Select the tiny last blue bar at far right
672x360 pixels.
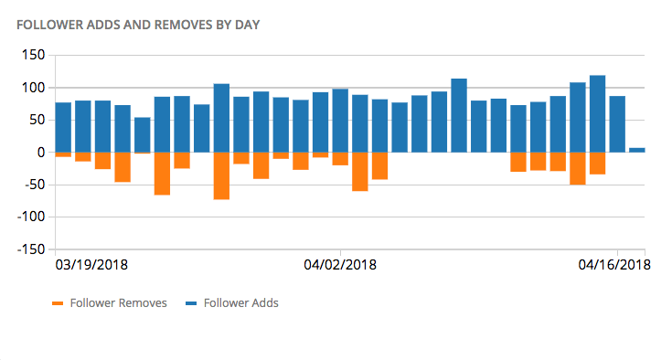(x=637, y=149)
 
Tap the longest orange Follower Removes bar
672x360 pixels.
(x=221, y=175)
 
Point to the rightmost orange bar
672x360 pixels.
(x=597, y=163)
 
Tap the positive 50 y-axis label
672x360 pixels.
(x=37, y=120)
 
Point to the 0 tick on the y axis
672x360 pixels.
(x=41, y=153)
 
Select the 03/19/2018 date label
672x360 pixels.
(x=92, y=265)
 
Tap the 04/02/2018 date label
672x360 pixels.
(x=340, y=265)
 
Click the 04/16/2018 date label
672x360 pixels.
(x=613, y=265)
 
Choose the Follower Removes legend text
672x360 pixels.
(x=118, y=303)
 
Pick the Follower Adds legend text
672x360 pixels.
(x=241, y=303)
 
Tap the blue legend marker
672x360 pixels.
(x=193, y=303)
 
